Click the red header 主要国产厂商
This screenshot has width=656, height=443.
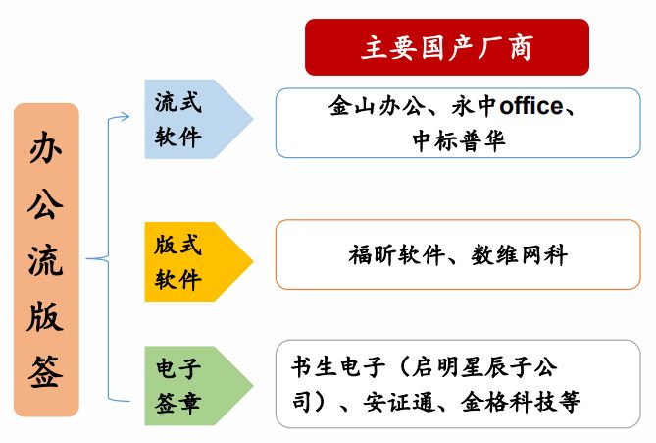447,47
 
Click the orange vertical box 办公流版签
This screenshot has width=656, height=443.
46,260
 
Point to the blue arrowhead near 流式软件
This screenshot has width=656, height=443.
125,117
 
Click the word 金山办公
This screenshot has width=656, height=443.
377,105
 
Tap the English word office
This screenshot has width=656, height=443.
531,106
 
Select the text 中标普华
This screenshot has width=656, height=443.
459,140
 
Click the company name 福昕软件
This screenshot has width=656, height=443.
396,254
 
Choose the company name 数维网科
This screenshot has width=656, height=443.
519,254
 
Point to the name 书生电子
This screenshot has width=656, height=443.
338,366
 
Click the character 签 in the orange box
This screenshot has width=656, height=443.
46,372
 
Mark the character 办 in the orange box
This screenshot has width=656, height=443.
46,148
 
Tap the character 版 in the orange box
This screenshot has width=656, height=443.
46,316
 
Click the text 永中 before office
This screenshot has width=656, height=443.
474,105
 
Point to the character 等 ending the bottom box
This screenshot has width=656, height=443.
568,402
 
